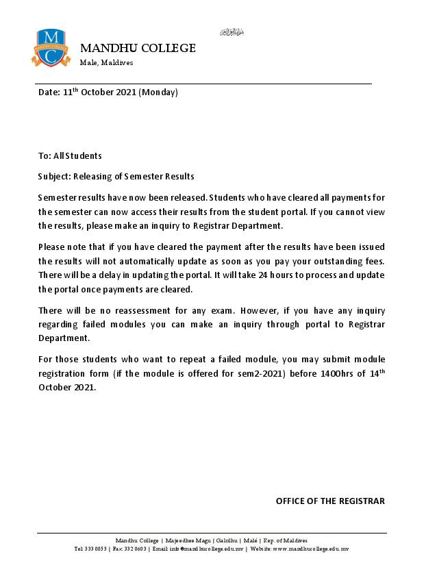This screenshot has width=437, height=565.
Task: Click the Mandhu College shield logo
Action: [x=51, y=47]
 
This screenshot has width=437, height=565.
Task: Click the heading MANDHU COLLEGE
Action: [x=138, y=48]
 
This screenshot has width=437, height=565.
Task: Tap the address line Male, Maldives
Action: [x=106, y=62]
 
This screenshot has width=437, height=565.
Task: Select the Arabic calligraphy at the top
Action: [x=232, y=32]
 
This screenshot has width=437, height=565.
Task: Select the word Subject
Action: [x=53, y=176]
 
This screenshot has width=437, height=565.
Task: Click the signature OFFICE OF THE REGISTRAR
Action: [x=330, y=501]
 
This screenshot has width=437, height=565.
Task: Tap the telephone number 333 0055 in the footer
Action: [x=95, y=549]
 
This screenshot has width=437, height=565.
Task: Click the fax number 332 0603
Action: [x=133, y=549]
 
